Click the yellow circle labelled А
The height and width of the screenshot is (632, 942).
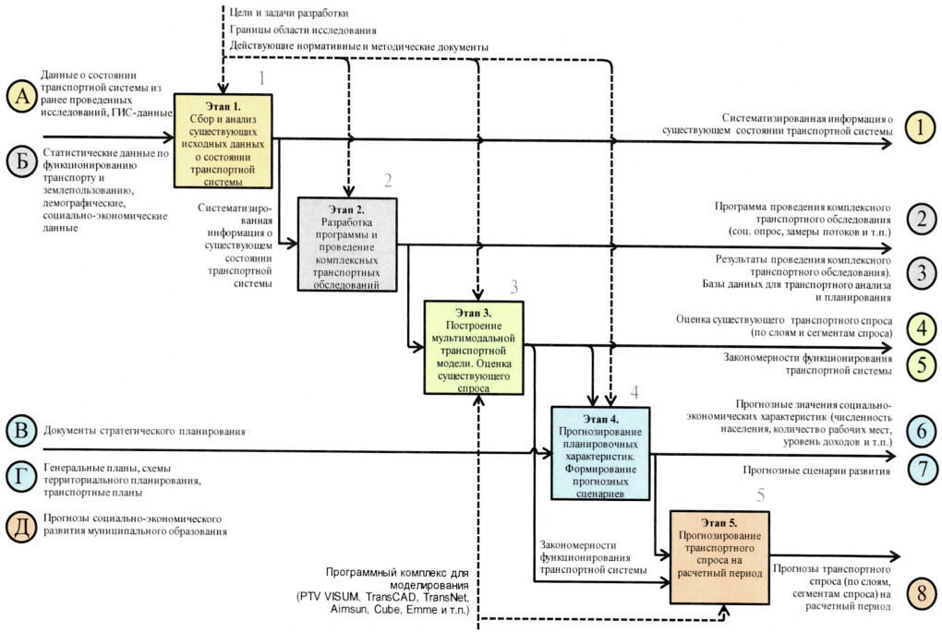click(x=22, y=97)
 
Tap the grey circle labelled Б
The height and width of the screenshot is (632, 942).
click(x=22, y=162)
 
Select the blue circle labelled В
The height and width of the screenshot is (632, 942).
click(x=22, y=431)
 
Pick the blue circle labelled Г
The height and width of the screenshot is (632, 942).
click(x=22, y=478)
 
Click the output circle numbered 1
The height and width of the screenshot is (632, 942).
click(x=921, y=127)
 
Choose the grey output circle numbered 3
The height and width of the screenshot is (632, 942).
click(x=921, y=273)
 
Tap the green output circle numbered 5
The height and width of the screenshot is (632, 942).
click(x=921, y=364)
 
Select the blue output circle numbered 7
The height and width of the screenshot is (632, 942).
click(x=921, y=468)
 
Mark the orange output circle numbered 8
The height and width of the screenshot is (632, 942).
click(x=921, y=593)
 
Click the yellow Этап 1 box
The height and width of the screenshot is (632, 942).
click(x=223, y=141)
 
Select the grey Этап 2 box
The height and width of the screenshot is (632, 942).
click(x=347, y=244)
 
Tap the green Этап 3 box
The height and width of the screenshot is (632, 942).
click(x=474, y=348)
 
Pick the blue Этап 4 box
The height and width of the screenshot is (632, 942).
click(x=600, y=453)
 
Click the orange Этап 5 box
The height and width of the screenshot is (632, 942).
click(x=719, y=557)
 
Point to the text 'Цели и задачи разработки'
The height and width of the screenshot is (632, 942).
click(x=289, y=13)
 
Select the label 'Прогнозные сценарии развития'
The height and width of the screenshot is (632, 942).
click(x=816, y=471)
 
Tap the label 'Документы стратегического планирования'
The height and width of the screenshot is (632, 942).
click(x=144, y=431)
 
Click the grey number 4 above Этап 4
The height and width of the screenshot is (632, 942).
click(x=634, y=392)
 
